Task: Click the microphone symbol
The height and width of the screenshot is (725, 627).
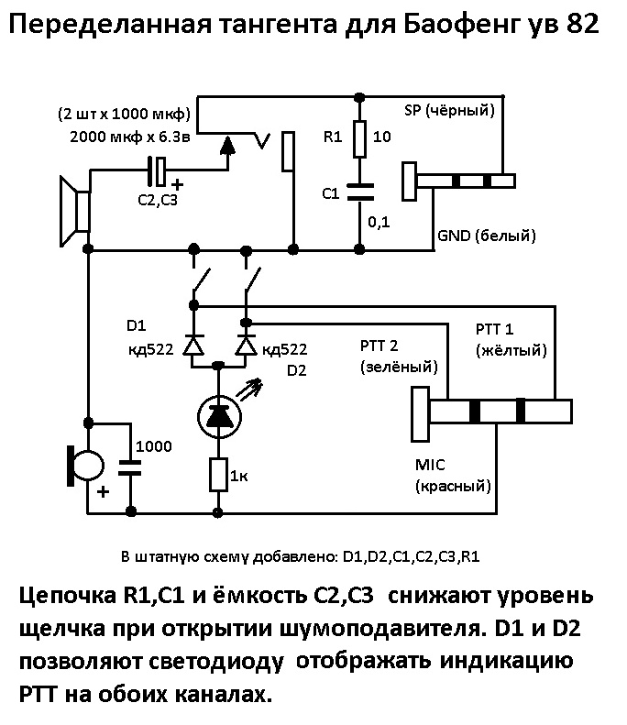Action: pos(85,466)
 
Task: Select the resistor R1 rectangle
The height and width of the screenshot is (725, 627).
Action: pos(360,138)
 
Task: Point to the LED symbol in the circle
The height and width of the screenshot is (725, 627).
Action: pos(218,418)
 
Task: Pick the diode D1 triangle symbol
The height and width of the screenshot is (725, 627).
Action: pos(192,346)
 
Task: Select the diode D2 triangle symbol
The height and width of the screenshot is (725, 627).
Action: pos(245,346)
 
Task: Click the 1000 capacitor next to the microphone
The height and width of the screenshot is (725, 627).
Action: pos(130,467)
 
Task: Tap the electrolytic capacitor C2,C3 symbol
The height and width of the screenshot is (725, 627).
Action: pos(159,169)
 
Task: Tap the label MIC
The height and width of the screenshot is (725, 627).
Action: pos(430,466)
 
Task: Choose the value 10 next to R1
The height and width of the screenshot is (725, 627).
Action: pos(383,137)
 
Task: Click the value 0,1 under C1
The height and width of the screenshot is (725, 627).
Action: pos(378,221)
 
